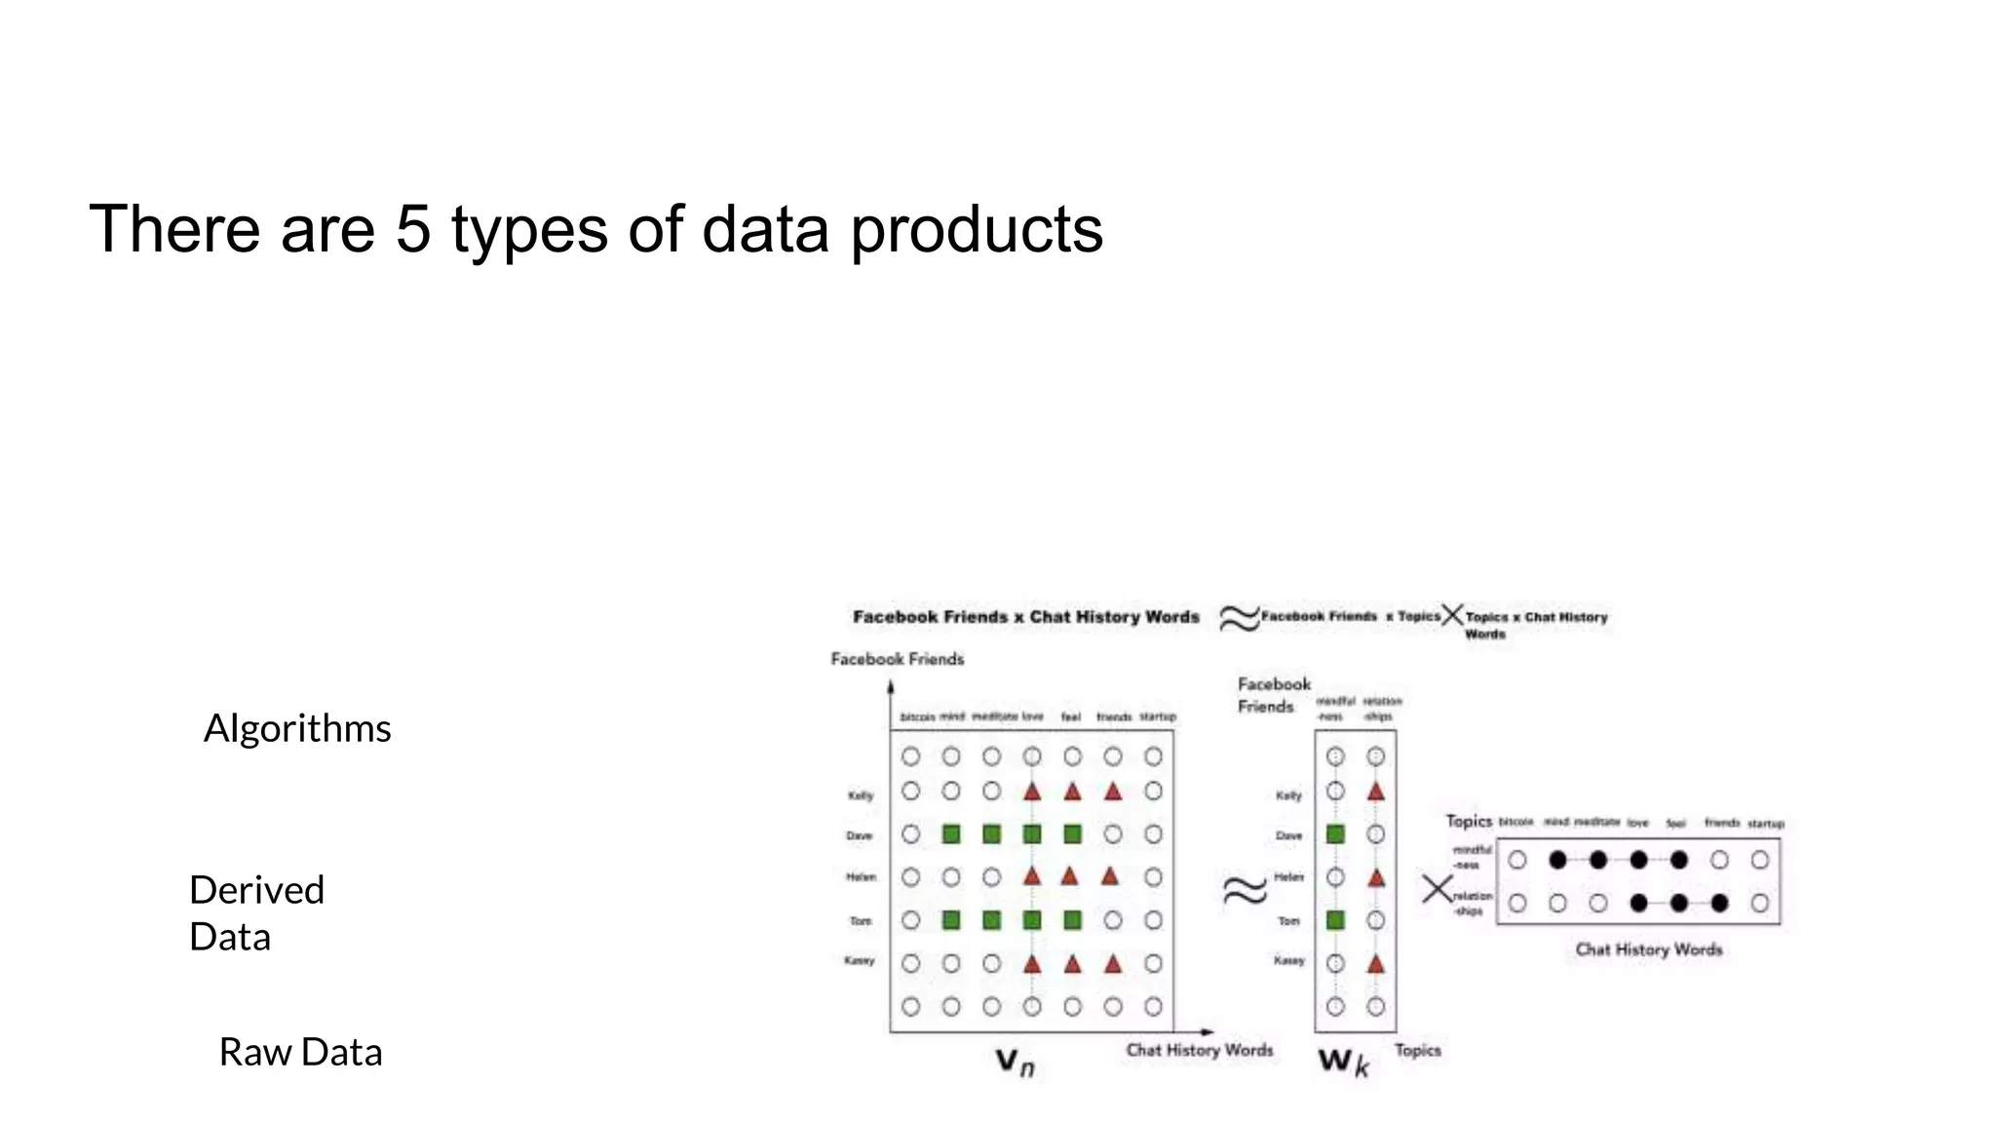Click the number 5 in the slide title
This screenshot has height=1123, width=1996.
tap(413, 230)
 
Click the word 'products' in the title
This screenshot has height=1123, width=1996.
tap(977, 232)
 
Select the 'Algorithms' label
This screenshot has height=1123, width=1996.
tap(297, 728)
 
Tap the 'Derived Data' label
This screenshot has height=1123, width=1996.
tap(256, 912)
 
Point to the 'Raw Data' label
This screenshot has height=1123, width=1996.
tap(300, 1052)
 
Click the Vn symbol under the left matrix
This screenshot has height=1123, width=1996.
tap(1015, 1062)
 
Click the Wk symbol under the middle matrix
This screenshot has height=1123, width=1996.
tap(1344, 1062)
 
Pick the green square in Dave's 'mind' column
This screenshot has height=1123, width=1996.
tap(951, 834)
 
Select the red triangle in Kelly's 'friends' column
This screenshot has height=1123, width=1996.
tap(1113, 792)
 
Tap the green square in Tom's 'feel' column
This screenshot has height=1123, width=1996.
tap(1072, 920)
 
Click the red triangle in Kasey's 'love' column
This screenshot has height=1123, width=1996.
tap(1032, 964)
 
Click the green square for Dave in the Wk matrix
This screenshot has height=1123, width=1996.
tap(1335, 834)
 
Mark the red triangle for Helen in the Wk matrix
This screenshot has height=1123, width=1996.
tap(1376, 877)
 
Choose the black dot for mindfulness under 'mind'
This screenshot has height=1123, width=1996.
tap(1557, 860)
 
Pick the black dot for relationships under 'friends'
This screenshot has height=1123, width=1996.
tap(1719, 904)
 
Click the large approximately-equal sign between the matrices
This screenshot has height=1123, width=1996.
tap(1245, 890)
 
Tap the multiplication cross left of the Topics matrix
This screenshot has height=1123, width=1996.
tap(1437, 889)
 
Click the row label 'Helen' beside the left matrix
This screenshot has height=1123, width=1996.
tap(861, 877)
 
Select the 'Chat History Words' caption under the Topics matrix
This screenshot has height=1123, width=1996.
tap(1648, 949)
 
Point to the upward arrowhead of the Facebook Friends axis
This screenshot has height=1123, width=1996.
tap(891, 686)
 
